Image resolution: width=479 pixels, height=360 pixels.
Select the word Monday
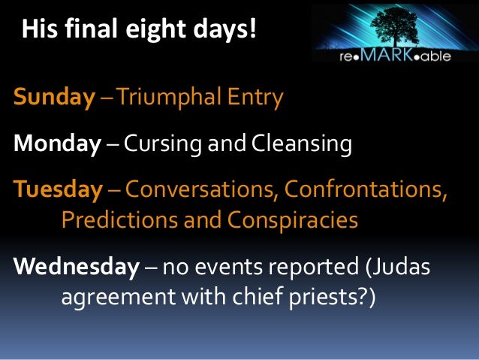[56, 144]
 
